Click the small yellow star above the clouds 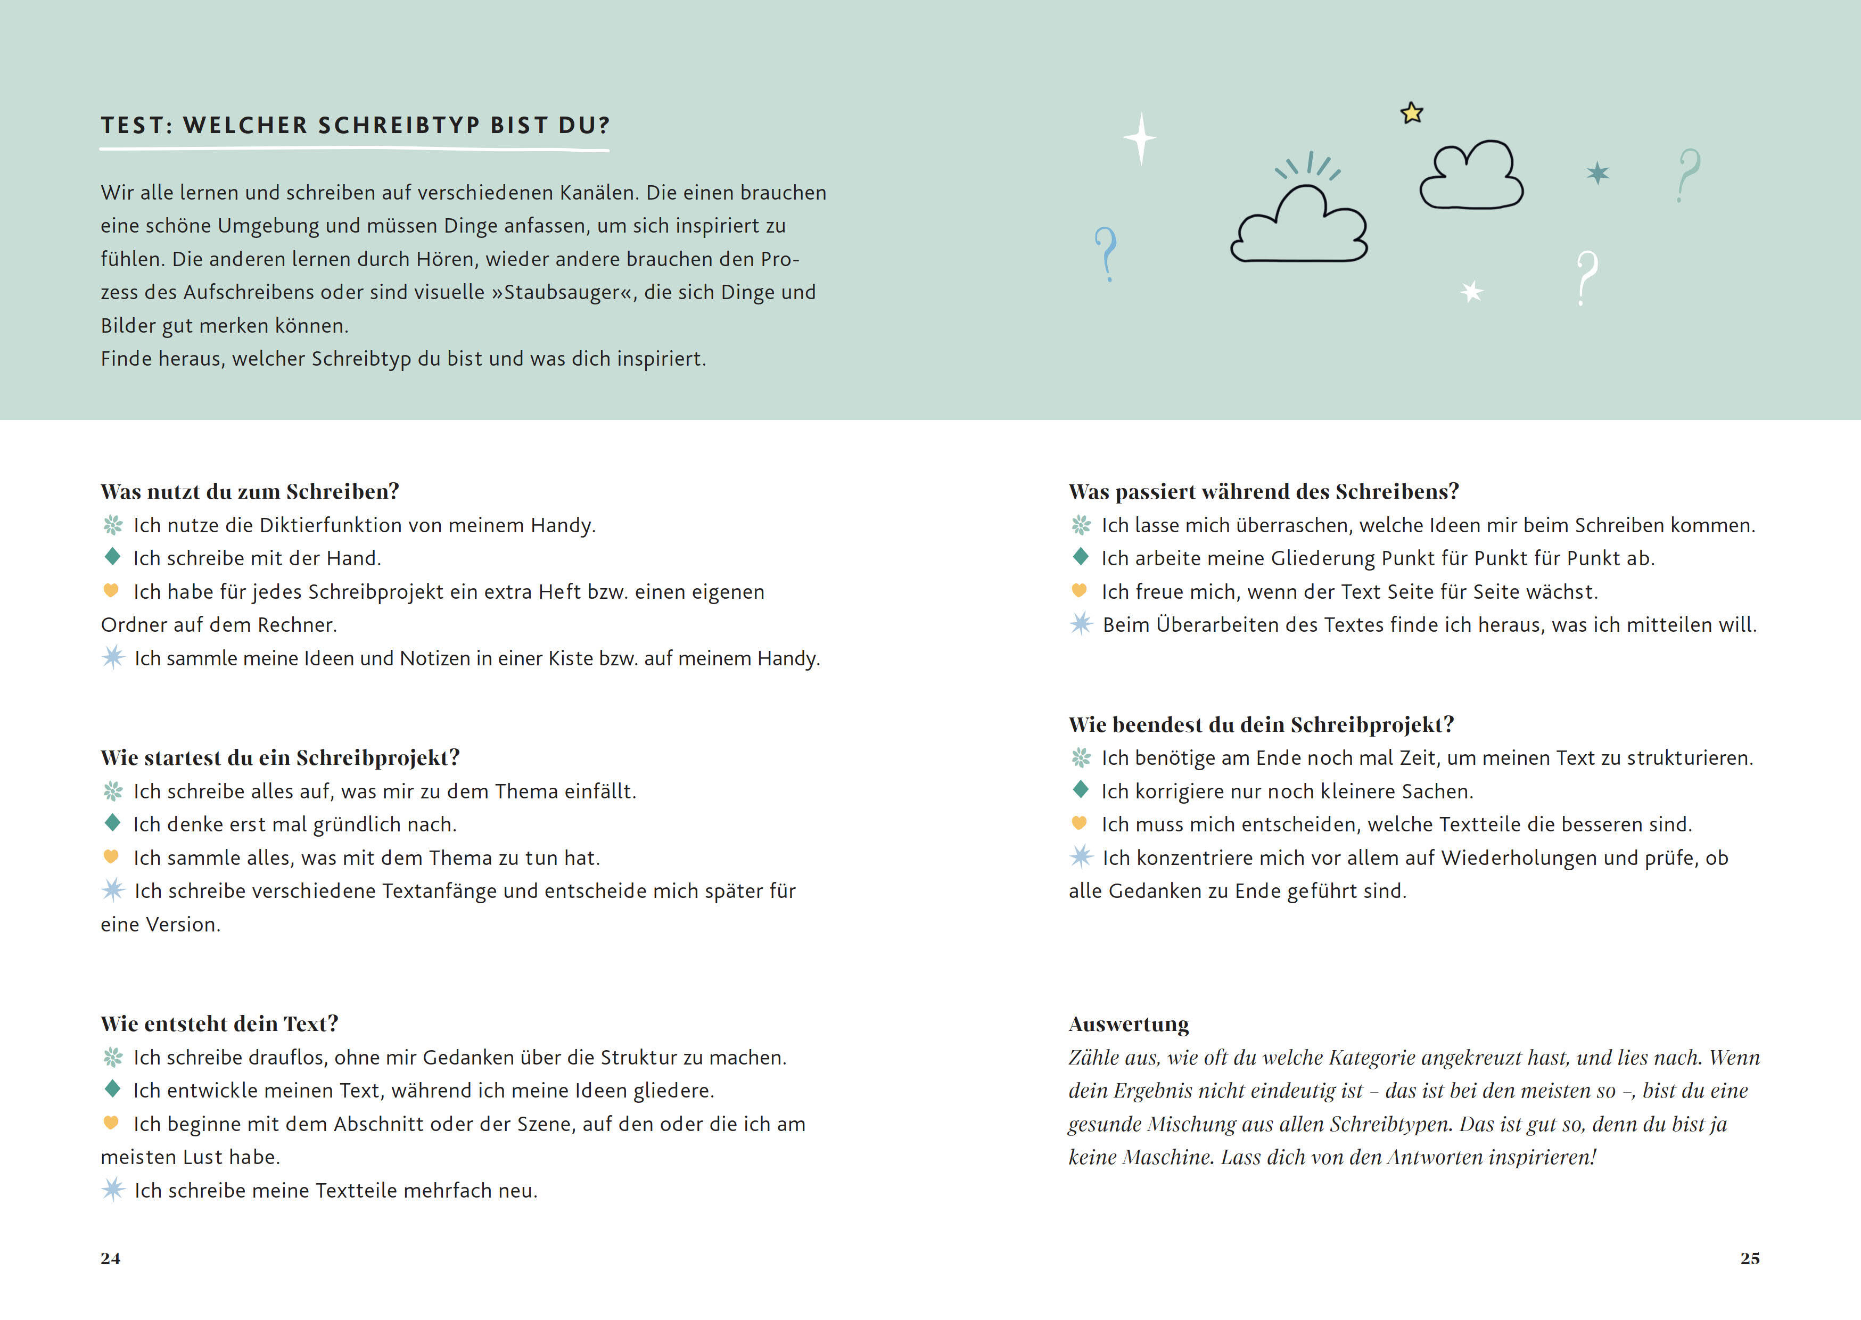[1412, 113]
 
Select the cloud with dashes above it [1299, 225]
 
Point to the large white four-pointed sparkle [1141, 138]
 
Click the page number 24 [111, 1258]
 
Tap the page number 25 [1750, 1258]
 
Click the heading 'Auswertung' [1128, 1024]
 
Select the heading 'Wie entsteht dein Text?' [219, 1024]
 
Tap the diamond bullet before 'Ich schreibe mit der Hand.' [112, 557]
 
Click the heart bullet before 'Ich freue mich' [1079, 590]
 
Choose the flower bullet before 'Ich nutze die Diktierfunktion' [113, 525]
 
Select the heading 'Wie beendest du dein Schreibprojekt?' [1261, 724]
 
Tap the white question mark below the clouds [1586, 278]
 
